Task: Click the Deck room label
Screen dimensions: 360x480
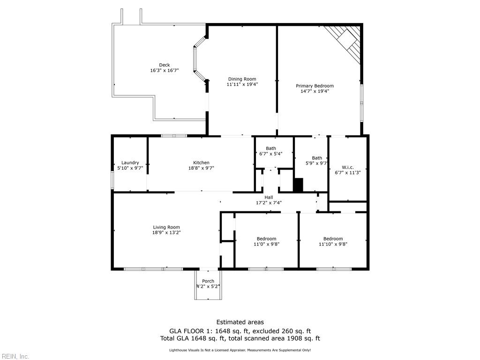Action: pyautogui.click(x=164, y=65)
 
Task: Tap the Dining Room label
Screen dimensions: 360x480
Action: pyautogui.click(x=242, y=79)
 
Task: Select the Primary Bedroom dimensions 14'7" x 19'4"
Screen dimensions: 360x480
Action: pyautogui.click(x=315, y=91)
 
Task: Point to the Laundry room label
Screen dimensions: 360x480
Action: pyautogui.click(x=130, y=163)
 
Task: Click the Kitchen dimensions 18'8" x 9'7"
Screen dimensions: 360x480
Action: pyautogui.click(x=201, y=168)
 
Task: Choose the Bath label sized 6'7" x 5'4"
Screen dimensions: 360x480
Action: pyautogui.click(x=271, y=148)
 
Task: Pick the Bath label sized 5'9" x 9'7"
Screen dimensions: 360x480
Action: pyautogui.click(x=317, y=158)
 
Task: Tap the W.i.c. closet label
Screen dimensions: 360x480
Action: pyautogui.click(x=347, y=167)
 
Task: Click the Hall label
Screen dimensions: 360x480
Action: pyautogui.click(x=269, y=197)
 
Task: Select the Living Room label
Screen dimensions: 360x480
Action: pyautogui.click(x=166, y=227)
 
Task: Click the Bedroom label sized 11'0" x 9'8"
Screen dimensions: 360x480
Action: pyautogui.click(x=266, y=239)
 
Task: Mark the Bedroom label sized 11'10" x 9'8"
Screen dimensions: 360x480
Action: pyautogui.click(x=333, y=239)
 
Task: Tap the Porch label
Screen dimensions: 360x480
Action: pyautogui.click(x=208, y=281)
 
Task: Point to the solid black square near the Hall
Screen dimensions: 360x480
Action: pyautogui.click(x=298, y=185)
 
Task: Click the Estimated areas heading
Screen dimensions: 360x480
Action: pyautogui.click(x=240, y=322)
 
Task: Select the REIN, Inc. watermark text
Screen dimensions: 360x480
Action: pyautogui.click(x=15, y=356)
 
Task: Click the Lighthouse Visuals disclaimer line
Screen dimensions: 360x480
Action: pyautogui.click(x=240, y=350)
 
